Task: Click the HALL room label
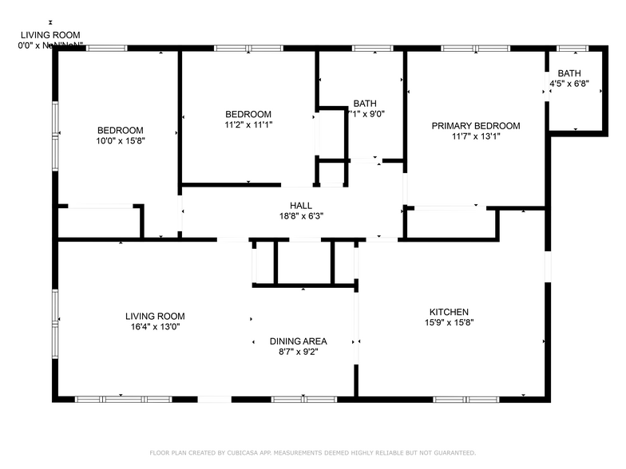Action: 301,205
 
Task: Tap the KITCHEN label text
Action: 449,312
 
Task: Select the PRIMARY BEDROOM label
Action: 476,126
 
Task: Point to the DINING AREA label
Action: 298,341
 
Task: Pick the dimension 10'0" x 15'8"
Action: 120,141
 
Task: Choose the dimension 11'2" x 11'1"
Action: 248,125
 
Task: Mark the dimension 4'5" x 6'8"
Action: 569,84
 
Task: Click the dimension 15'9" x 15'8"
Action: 449,323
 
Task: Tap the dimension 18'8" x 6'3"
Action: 301,215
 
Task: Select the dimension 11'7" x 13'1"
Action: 476,136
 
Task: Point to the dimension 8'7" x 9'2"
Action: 298,352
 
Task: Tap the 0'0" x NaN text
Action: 50,46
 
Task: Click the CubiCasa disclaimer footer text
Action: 312,452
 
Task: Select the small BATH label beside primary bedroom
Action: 569,73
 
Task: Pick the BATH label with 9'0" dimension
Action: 365,104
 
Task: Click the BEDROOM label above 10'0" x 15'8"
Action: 120,131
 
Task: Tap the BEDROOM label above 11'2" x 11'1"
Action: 248,114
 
